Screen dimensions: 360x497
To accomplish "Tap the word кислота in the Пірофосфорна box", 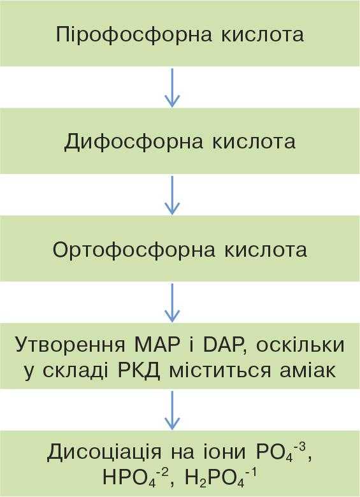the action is pyautogui.click(x=263, y=34).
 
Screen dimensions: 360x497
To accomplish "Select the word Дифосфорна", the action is pyautogui.click(x=133, y=141).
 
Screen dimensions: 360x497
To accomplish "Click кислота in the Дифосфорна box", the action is pyautogui.click(x=254, y=142).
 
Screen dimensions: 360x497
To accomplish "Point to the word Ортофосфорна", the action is pyautogui.click(x=134, y=249).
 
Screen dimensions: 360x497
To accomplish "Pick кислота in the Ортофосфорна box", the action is pyautogui.click(x=266, y=250).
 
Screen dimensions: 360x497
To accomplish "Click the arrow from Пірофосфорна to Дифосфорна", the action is pyautogui.click(x=172, y=87).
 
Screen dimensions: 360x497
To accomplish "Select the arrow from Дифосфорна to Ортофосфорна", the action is pyautogui.click(x=172, y=195).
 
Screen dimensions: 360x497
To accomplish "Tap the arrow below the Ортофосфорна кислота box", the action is pyautogui.click(x=172, y=303).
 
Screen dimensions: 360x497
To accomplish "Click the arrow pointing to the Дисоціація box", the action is pyautogui.click(x=172, y=410).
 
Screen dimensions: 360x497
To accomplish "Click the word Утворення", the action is pyautogui.click(x=70, y=345).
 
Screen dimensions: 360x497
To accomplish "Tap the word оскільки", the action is pyautogui.click(x=300, y=344).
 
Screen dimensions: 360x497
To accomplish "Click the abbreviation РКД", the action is pyautogui.click(x=138, y=371).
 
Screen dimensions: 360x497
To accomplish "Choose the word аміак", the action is pyautogui.click(x=307, y=370).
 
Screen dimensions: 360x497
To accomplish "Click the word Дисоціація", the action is pyautogui.click(x=104, y=452).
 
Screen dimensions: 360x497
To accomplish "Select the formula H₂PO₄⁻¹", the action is pyautogui.click(x=220, y=478).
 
